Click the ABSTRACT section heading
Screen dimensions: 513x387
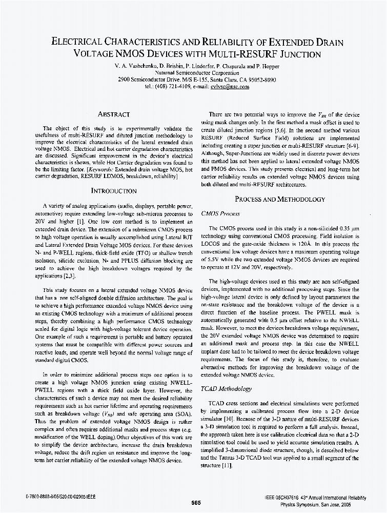(114, 114)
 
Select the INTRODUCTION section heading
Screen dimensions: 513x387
(114, 191)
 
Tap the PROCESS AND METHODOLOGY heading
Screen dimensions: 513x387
(280, 199)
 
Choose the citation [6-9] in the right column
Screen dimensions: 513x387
(351, 146)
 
